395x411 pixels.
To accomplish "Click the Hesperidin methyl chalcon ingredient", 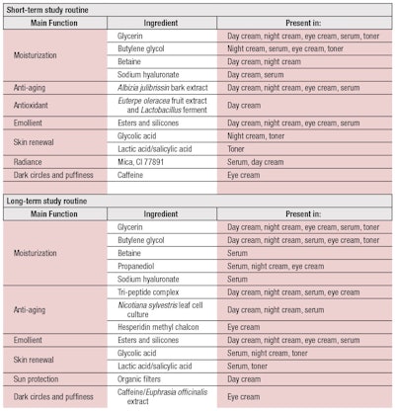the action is pyautogui.click(x=159, y=326).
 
